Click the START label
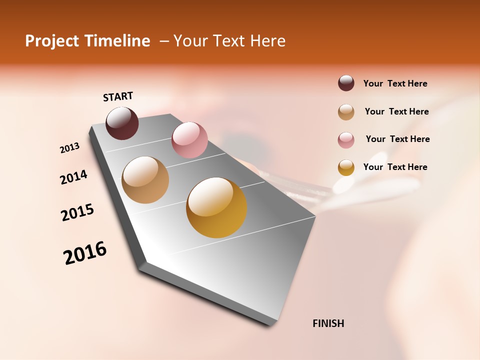pos(118,96)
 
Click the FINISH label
pos(328,323)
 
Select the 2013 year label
pos(70,148)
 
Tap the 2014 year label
pos(73,177)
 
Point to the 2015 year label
pos(77,212)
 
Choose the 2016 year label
pos(85,253)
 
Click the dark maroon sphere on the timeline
pos(122,123)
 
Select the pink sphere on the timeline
pos(189,139)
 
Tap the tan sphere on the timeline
pos(145,180)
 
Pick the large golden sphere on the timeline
pos(216,207)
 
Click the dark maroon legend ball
pos(346,83)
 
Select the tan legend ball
pos(346,112)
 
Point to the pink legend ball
pos(346,140)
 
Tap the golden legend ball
pos(346,167)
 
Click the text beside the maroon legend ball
pos(395,83)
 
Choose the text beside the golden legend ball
pos(395,167)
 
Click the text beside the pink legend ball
pos(397,139)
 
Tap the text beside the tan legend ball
pos(396,111)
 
